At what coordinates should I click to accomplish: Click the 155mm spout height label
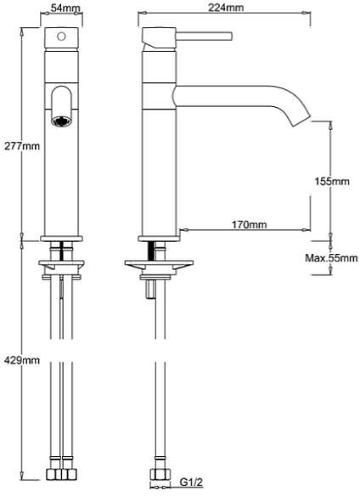pos(331,182)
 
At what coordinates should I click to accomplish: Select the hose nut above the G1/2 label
pos(158,475)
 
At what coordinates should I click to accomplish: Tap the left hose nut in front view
pos(53,475)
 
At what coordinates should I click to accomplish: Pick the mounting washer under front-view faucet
pos(61,265)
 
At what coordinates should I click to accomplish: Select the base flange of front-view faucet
pos(62,238)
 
